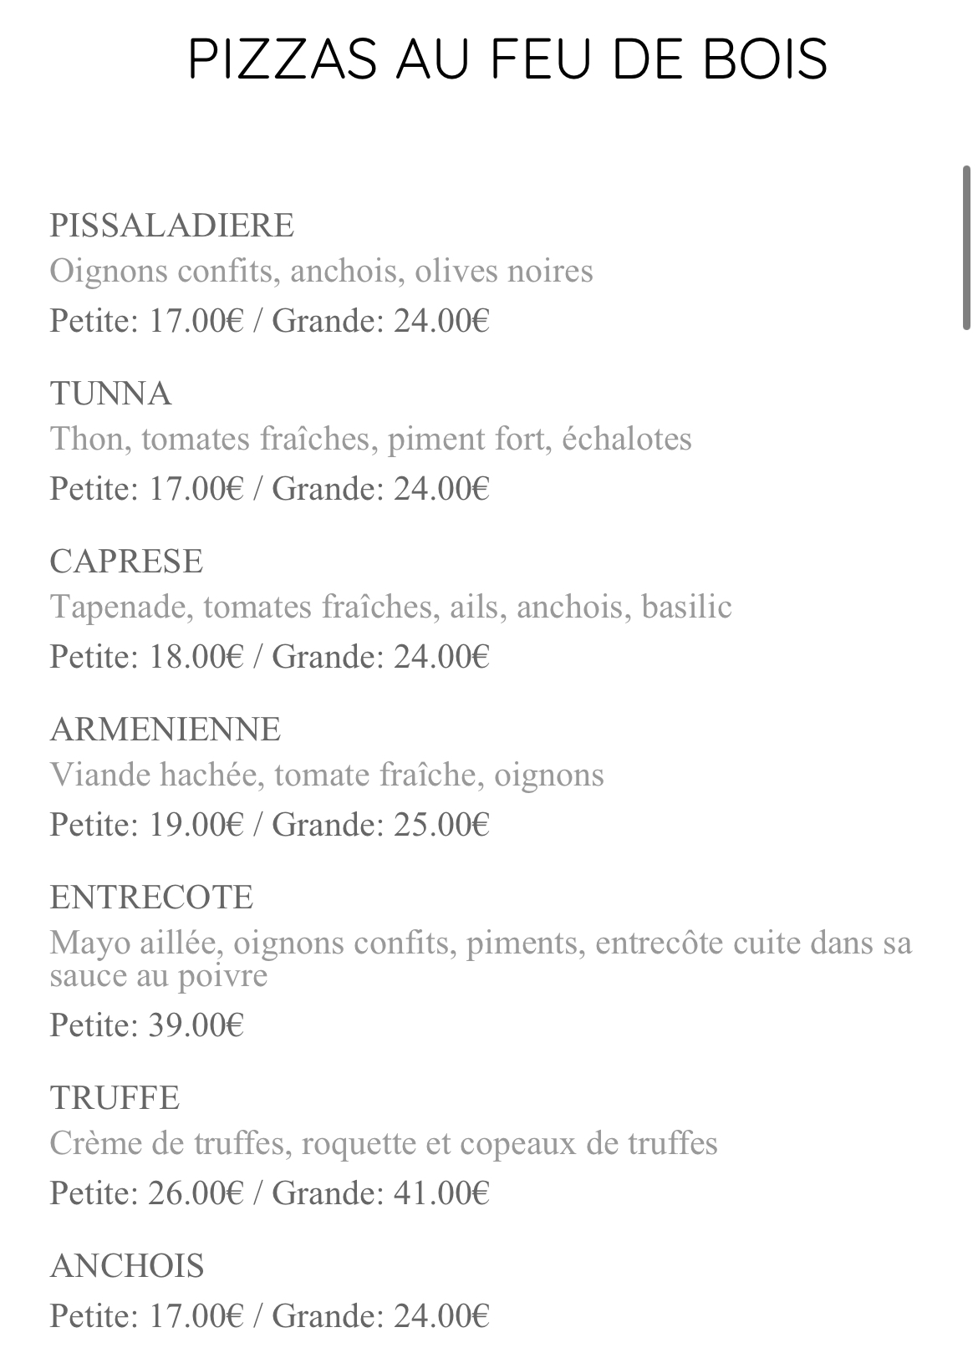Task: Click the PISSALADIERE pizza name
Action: click(171, 226)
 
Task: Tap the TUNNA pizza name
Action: click(110, 394)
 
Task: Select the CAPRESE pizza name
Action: click(126, 562)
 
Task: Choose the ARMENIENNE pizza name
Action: click(165, 730)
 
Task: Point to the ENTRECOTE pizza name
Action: click(151, 898)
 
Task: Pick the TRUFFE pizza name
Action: click(115, 1098)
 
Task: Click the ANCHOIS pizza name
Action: click(127, 1266)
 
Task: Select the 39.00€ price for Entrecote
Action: click(196, 1025)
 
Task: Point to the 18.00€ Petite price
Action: click(196, 657)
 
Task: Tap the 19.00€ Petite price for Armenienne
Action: click(196, 825)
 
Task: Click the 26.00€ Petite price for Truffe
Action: click(196, 1193)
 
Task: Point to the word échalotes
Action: click(627, 439)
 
